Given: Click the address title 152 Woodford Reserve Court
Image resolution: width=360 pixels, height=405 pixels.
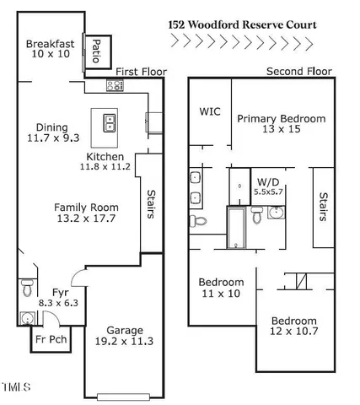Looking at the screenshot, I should coord(241,24).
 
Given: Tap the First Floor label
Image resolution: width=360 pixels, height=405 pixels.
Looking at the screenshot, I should coord(141,72).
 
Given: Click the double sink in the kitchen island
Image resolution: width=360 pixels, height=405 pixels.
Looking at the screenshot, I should coord(109,123).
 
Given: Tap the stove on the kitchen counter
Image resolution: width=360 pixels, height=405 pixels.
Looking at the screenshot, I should coord(115,85).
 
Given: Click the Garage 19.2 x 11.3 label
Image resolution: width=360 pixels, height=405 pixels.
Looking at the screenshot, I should coord(124,336).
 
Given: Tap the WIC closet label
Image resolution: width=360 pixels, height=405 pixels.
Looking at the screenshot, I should coord(210,111).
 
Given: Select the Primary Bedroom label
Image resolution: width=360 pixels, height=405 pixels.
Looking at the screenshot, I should coord(281,125).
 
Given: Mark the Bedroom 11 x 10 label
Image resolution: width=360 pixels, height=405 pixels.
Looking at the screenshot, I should coord(221,288).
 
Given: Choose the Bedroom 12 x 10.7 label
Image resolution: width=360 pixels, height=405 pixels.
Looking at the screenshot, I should coord(293,327).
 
